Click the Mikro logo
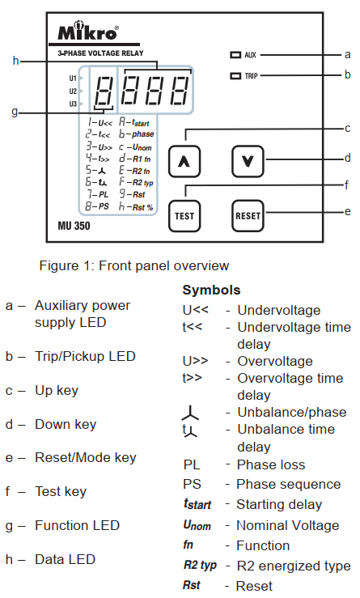(87, 31)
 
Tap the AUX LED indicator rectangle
(235, 55)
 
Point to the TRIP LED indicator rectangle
(235, 76)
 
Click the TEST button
(184, 216)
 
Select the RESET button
(248, 216)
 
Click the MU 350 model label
(74, 226)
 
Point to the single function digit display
(103, 91)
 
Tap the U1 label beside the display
(73, 78)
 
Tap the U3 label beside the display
(73, 104)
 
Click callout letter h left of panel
(15, 61)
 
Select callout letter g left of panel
(15, 112)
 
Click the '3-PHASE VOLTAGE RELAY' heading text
(100, 53)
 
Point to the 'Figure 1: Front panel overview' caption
(133, 265)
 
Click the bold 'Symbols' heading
(211, 290)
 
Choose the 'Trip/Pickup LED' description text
(85, 356)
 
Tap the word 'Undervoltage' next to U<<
(279, 310)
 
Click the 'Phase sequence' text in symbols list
(288, 484)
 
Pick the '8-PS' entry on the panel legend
(97, 206)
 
